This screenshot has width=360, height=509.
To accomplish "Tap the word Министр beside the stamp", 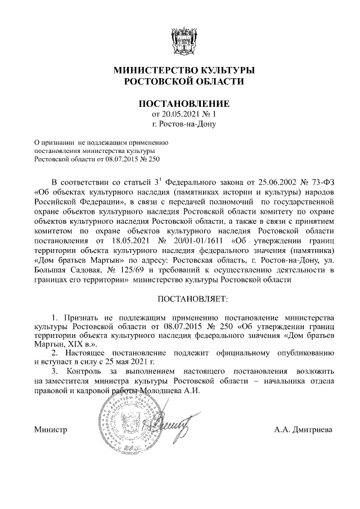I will (x=51, y=430).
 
